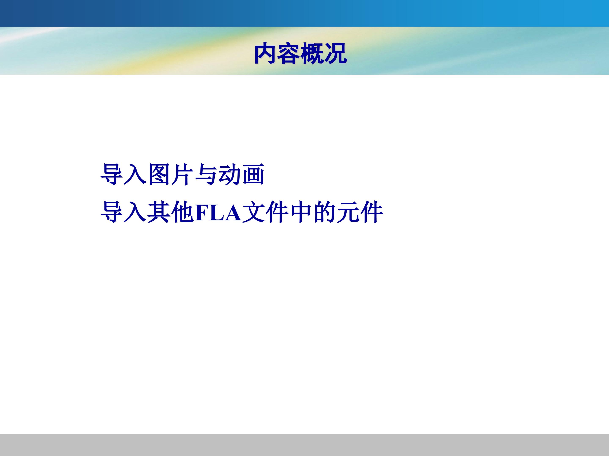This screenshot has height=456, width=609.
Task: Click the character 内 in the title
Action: pos(265,54)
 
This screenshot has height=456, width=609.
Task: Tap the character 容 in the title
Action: pos(288,54)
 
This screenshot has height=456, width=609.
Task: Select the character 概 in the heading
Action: pos(312,54)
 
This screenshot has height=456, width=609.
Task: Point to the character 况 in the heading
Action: pos(335,54)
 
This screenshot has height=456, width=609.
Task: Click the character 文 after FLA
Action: pos(254,212)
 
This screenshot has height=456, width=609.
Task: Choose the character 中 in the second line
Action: pos(301,212)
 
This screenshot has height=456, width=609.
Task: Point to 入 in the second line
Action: pos(135,212)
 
